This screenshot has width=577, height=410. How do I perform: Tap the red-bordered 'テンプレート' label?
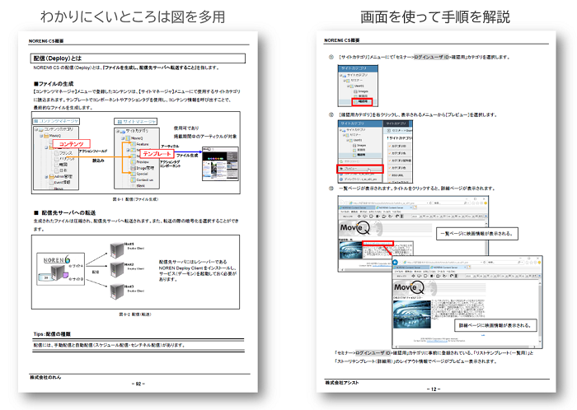(x=157, y=154)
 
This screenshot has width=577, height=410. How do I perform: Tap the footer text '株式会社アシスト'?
(x=342, y=381)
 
